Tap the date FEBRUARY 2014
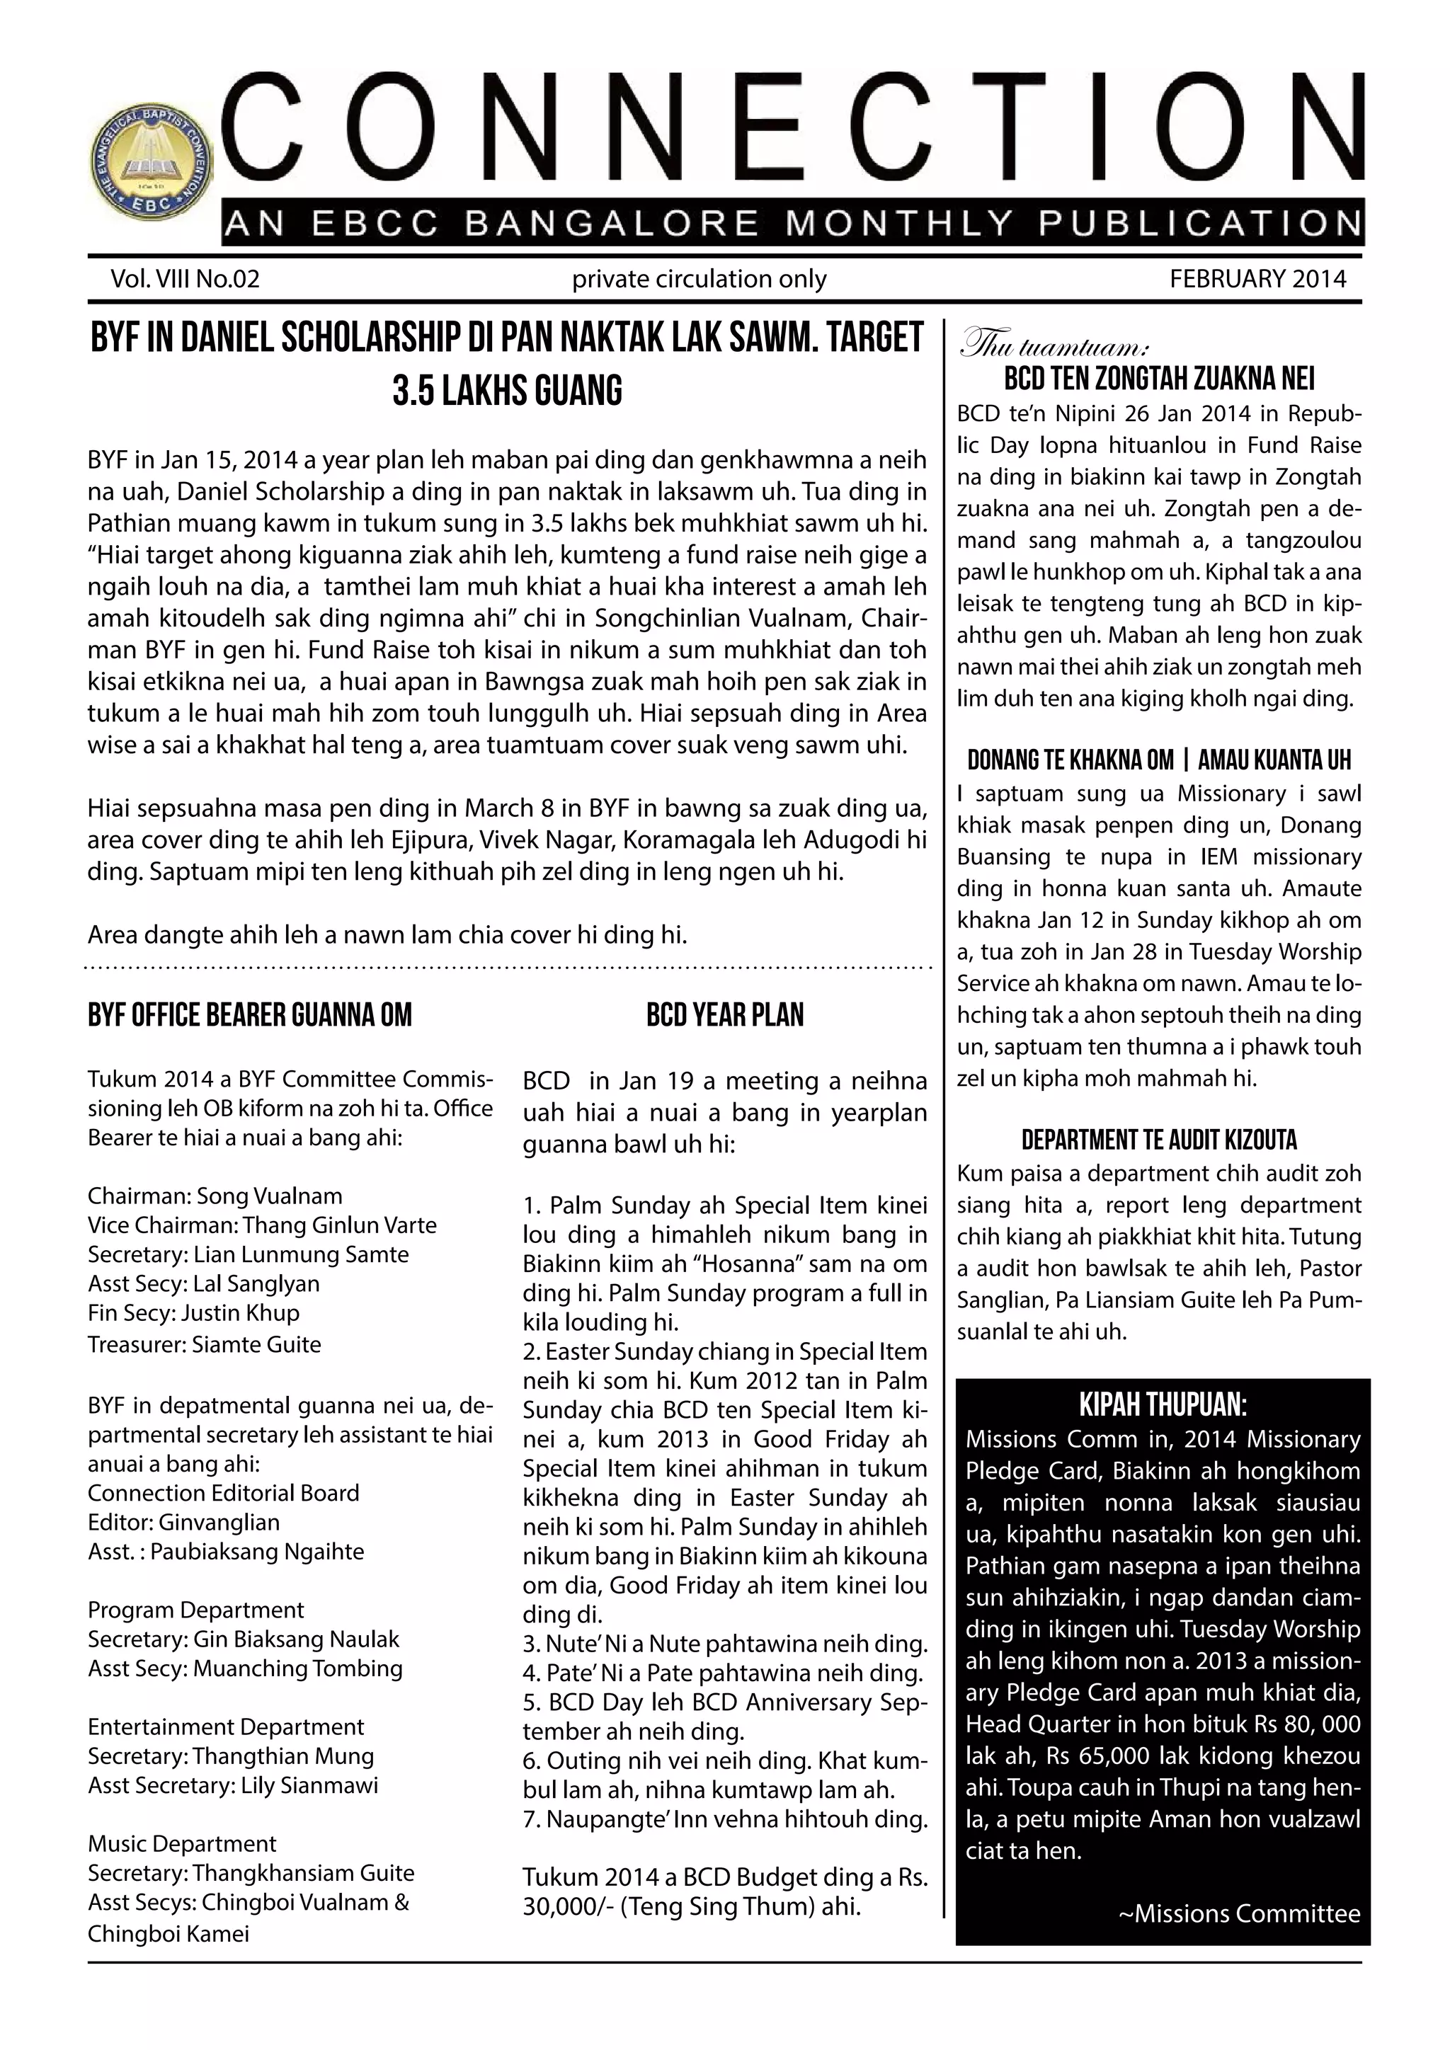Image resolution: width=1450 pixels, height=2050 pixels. (1257, 280)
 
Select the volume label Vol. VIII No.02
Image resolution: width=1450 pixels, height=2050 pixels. (185, 280)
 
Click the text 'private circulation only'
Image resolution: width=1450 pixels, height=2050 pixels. (699, 280)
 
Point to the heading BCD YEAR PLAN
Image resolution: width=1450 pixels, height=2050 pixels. (724, 1015)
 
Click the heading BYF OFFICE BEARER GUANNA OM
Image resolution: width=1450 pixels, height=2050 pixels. (249, 1015)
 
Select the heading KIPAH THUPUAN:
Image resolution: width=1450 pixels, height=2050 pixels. (1163, 1405)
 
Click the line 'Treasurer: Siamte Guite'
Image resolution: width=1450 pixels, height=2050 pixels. (204, 1345)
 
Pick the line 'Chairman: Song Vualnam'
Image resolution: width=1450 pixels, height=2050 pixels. (215, 1196)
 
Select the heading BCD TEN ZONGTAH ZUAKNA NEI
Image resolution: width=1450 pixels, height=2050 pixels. (1159, 379)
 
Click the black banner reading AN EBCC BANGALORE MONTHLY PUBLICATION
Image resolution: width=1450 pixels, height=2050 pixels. (793, 223)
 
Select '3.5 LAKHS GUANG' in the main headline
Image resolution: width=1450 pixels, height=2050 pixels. (507, 391)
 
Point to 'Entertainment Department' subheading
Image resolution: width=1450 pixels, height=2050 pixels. (225, 1727)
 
